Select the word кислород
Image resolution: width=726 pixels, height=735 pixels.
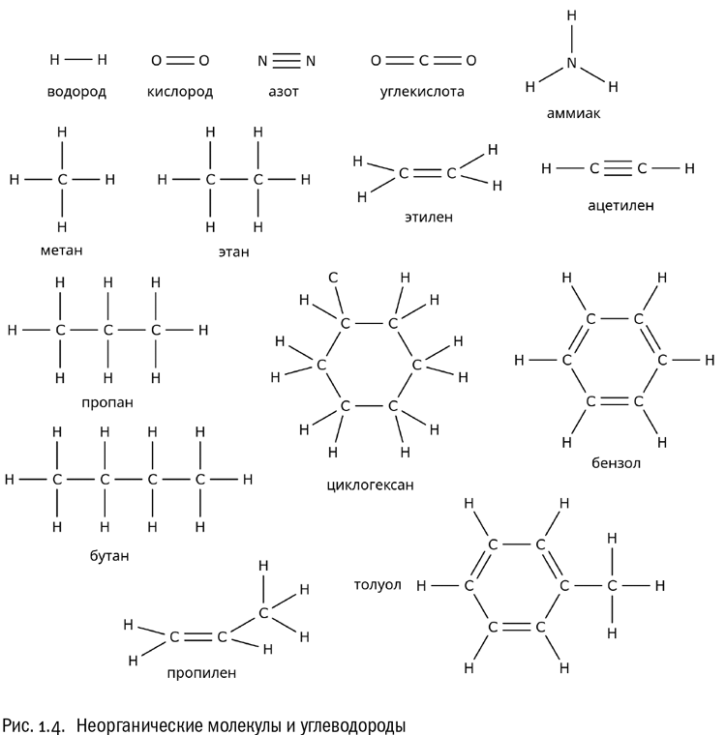pos(180,93)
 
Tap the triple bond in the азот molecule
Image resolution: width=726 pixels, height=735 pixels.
pos(287,61)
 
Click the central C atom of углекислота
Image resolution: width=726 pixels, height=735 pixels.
pos(423,61)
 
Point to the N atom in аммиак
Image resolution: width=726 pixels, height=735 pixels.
pos(571,63)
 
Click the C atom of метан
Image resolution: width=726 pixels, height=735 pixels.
pos(63,180)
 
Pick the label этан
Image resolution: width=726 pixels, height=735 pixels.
pos(234,252)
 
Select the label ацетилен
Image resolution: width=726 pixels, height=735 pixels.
pos(620,205)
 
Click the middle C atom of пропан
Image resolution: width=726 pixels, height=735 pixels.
pos(108,330)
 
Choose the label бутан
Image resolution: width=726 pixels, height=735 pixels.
pos(107,556)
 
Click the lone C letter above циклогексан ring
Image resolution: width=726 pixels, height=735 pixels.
pos(333,278)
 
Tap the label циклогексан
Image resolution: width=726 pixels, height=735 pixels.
pos(371,485)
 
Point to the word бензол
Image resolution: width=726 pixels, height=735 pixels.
pos(616,463)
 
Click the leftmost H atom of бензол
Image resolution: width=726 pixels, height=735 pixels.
pos(519,361)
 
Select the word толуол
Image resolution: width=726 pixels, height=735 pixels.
pos(378,584)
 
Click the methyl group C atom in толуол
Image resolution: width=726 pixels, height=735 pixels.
pos(612,585)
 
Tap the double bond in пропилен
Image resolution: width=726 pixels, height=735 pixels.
pos(198,636)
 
